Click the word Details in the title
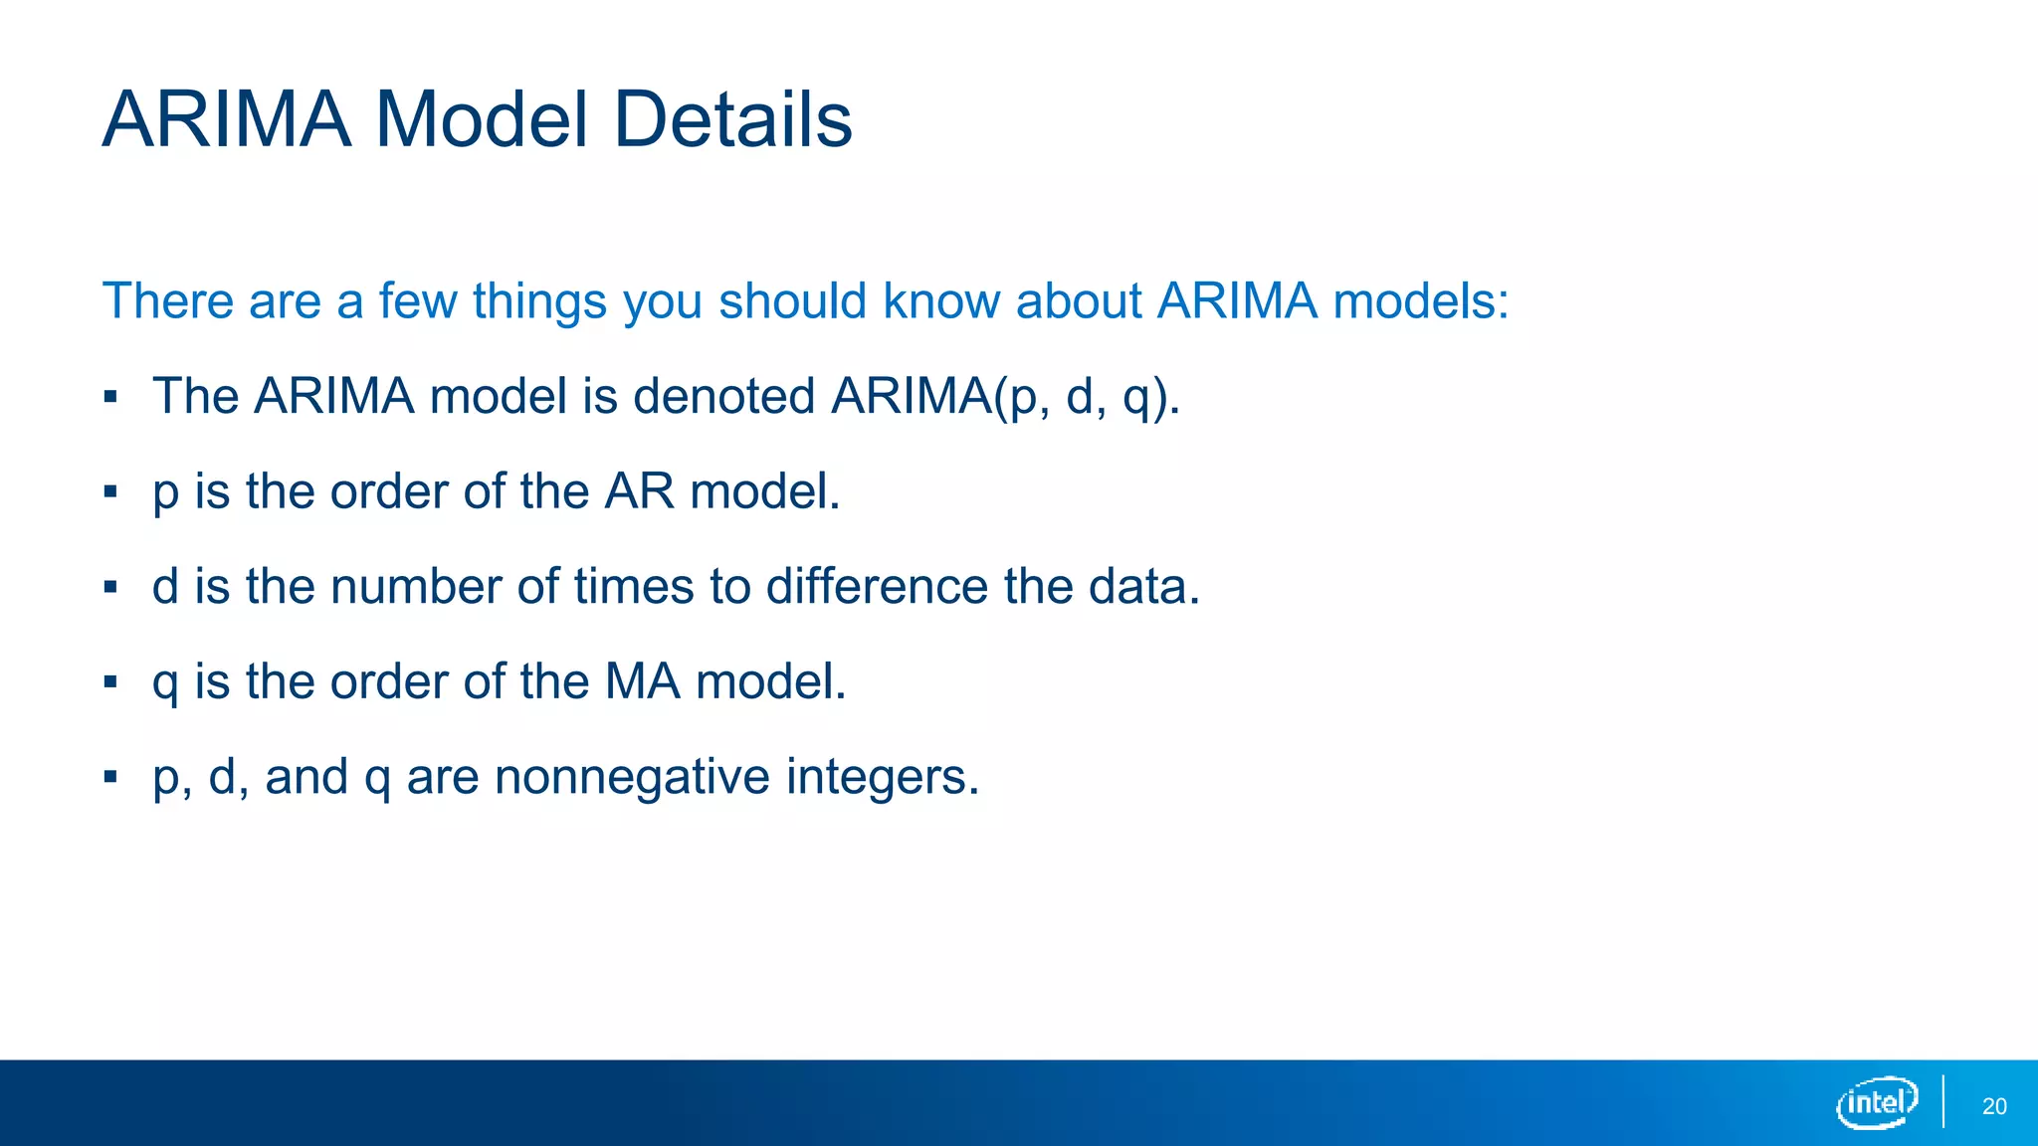click(732, 119)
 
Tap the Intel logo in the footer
click(1876, 1102)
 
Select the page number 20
click(1994, 1106)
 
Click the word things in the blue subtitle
click(539, 301)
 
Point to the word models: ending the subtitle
click(1421, 301)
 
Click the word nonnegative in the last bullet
click(632, 777)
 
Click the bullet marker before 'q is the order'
click(110, 682)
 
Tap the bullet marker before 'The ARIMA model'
click(110, 397)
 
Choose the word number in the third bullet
click(415, 586)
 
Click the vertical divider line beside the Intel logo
click(1943, 1101)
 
